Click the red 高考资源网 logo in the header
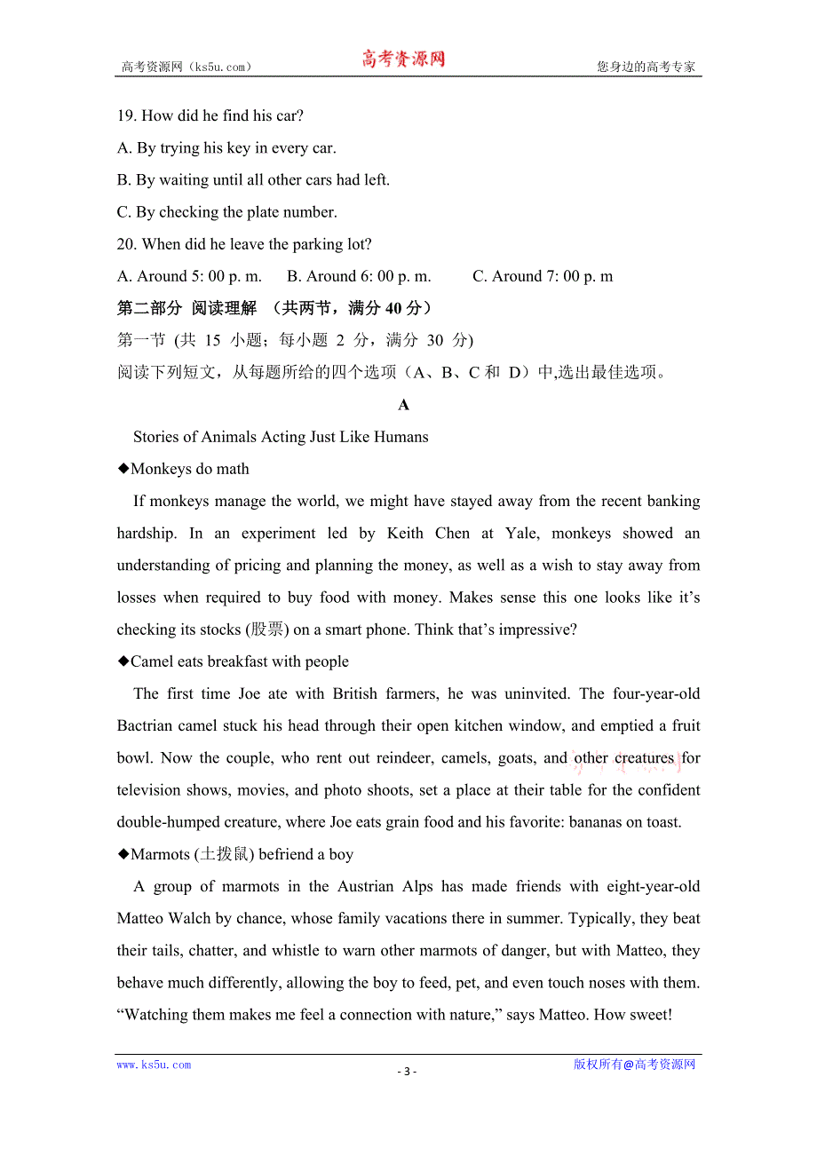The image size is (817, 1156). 403,59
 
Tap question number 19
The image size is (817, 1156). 126,115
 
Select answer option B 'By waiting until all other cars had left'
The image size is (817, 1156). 253,180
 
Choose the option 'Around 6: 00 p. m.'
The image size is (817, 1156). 359,276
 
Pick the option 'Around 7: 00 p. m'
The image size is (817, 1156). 543,276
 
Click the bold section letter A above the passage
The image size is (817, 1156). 404,405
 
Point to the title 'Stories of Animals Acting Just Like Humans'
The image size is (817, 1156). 281,437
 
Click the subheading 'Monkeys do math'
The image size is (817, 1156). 189,469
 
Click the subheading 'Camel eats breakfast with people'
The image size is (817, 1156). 239,661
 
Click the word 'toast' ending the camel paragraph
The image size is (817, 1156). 661,822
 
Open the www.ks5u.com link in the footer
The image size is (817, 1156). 154,1065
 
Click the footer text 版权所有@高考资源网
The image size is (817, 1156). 634,1065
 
